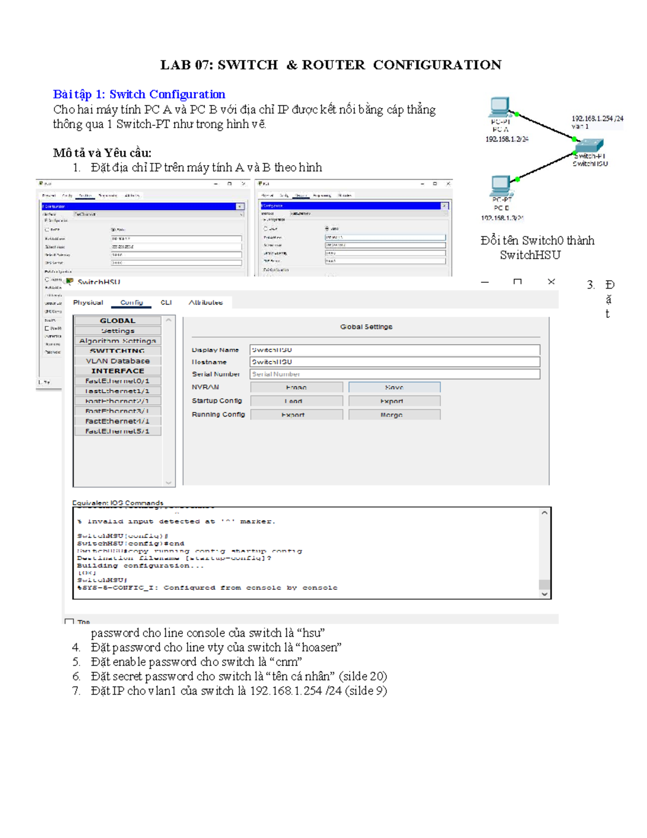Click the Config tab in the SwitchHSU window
(132, 303)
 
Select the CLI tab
(166, 303)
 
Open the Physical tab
(88, 303)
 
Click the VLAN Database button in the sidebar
(118, 361)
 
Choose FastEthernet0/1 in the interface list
(118, 381)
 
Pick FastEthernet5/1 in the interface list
(118, 431)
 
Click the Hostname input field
(394, 362)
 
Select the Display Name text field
(394, 350)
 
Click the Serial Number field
(394, 374)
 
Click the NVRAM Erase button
(296, 387)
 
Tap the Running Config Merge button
(394, 415)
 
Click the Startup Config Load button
(296, 401)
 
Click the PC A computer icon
(499, 107)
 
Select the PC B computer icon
(500, 185)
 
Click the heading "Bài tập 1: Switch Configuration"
(139, 94)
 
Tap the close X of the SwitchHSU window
(551, 282)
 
